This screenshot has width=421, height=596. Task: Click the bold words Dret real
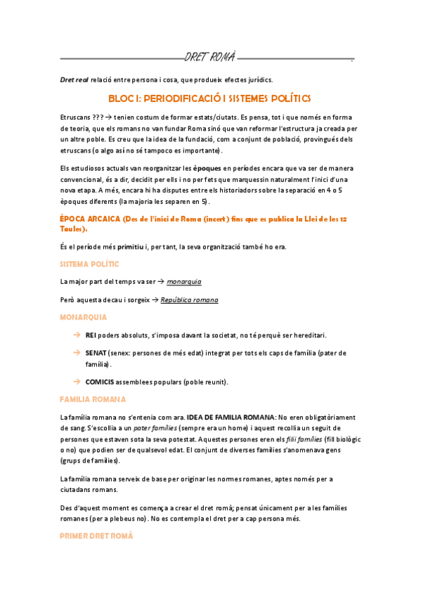74,79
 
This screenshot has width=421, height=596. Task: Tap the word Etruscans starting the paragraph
75,117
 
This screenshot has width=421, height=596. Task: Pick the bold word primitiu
133,247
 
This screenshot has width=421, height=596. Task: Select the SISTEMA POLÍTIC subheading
89,264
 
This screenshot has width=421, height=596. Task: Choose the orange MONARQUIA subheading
84,317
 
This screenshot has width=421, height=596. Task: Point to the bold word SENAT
97,353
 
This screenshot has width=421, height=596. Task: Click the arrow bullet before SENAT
77,353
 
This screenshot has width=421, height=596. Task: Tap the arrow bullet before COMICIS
77,382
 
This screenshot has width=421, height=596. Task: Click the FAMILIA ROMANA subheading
93,399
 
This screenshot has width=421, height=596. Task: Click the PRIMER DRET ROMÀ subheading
96,536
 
